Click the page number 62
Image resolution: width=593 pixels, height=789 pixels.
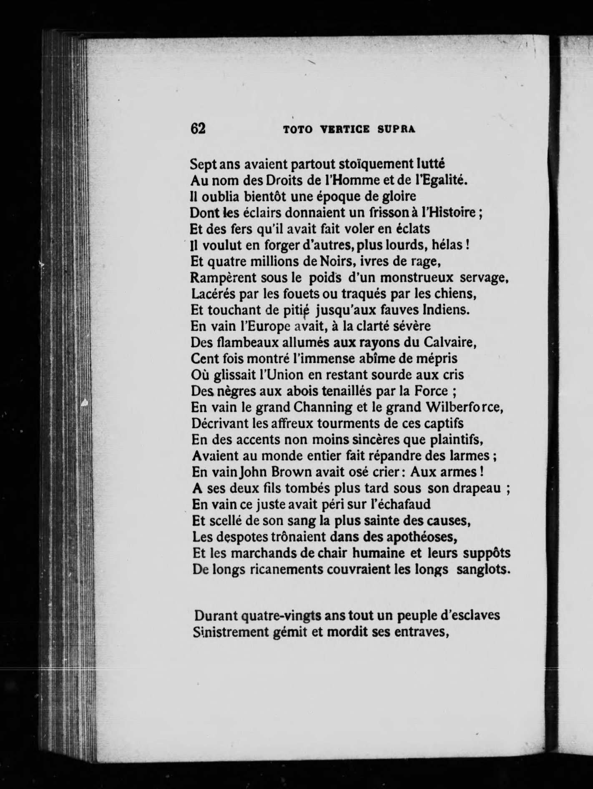coord(198,128)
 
